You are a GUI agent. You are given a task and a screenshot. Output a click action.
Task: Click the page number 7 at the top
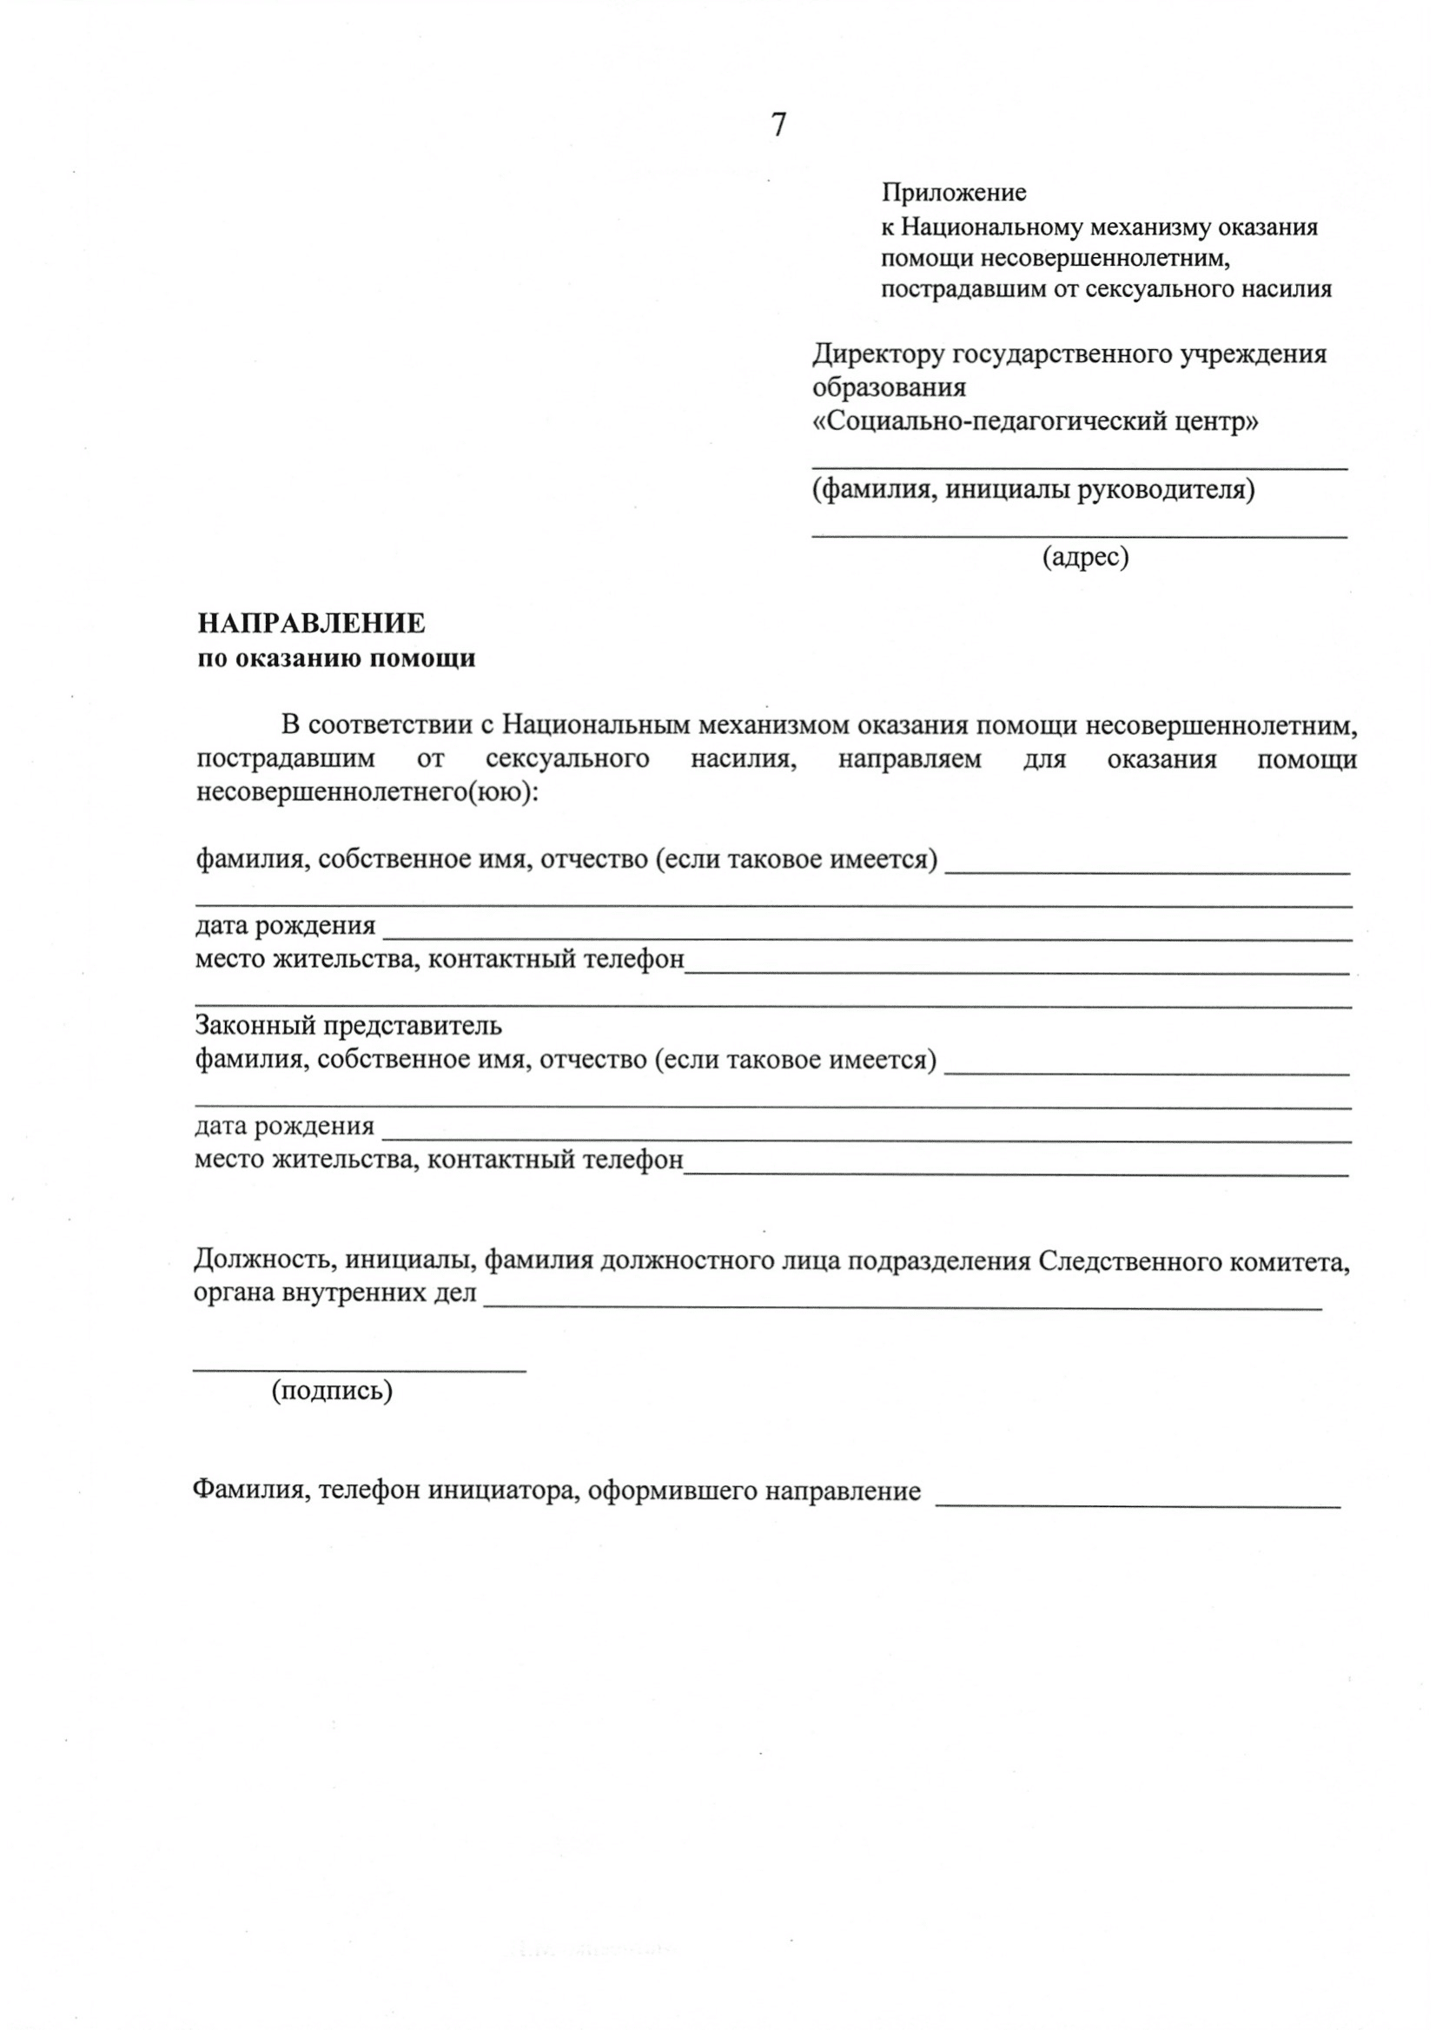point(778,126)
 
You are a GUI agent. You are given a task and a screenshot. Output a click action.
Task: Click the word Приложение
point(953,192)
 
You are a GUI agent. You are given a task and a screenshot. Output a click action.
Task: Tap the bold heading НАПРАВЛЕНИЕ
point(311,624)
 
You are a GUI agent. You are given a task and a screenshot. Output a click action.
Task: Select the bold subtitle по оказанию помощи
point(336,658)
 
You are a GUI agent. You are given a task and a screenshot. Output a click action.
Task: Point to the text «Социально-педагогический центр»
point(1036,422)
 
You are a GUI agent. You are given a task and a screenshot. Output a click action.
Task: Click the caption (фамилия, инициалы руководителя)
point(1033,489)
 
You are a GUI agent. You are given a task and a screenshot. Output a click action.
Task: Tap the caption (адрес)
point(1086,556)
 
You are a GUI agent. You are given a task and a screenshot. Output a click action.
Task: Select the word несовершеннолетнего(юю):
point(367,792)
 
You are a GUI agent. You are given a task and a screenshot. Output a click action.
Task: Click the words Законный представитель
point(348,1026)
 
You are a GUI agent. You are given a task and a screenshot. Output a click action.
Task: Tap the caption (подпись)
point(333,1391)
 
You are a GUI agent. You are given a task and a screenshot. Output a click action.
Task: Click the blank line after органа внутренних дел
point(902,1306)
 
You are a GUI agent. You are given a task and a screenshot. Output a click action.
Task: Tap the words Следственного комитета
point(1194,1260)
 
